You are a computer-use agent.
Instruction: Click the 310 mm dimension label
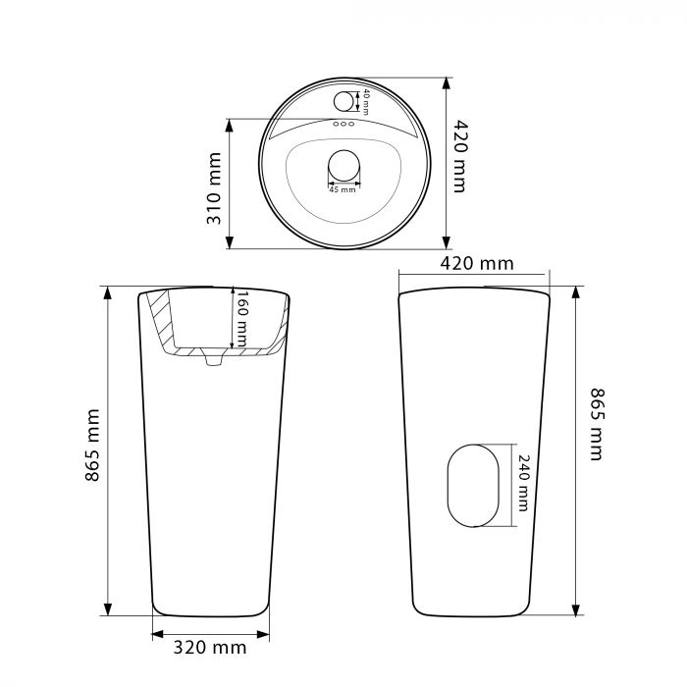[x=214, y=188]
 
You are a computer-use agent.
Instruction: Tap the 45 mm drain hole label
[x=343, y=189]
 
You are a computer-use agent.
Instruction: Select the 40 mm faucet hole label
[x=366, y=102]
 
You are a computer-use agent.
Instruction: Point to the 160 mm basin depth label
[x=241, y=319]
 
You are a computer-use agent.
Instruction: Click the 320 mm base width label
[x=210, y=648]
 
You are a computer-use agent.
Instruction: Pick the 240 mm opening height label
[x=523, y=483]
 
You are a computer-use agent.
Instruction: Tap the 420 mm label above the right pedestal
[x=477, y=264]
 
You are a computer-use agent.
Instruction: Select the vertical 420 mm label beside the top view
[x=460, y=156]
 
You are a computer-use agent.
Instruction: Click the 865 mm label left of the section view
[x=93, y=446]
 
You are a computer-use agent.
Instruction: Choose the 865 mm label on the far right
[x=597, y=424]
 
